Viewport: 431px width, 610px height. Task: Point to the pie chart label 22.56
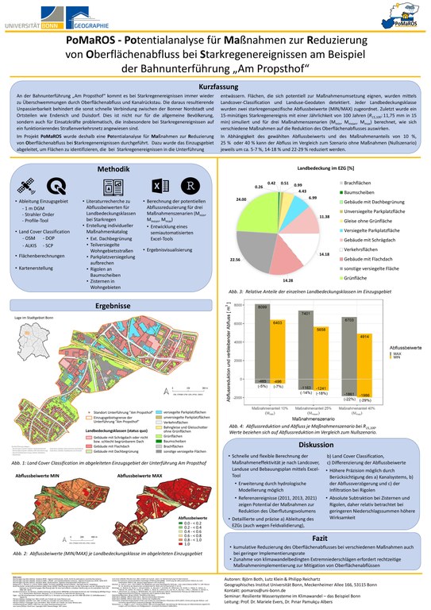(x=235, y=259)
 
